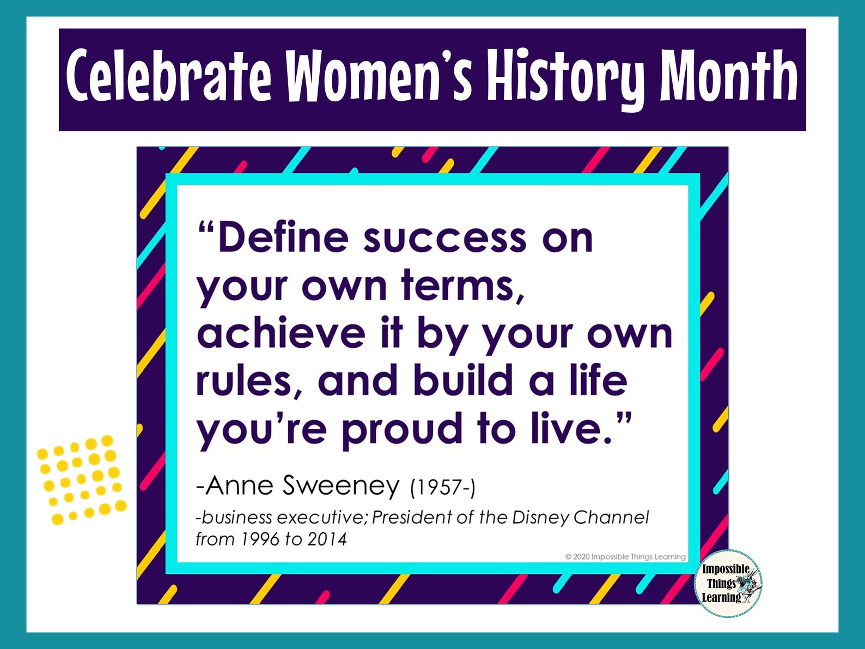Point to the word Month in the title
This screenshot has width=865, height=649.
coord(729,76)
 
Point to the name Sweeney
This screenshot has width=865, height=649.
coord(341,485)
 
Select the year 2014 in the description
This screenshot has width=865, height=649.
coord(327,539)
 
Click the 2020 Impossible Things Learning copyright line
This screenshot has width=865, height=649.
coord(625,557)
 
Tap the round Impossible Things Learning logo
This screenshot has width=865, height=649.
coord(728,583)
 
